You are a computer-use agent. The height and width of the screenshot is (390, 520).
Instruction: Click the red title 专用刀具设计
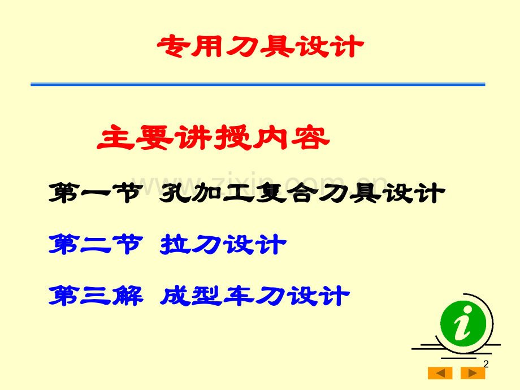point(259,46)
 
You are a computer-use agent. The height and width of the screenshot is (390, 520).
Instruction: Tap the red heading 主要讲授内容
point(213,138)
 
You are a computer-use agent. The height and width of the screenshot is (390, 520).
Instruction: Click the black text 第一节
point(94,194)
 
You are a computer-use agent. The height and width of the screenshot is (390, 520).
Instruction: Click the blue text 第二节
point(94,245)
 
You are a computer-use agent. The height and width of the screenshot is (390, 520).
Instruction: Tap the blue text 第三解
point(95,296)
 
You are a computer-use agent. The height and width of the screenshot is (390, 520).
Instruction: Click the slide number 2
point(486,365)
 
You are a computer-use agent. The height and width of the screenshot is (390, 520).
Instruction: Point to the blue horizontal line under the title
point(258,85)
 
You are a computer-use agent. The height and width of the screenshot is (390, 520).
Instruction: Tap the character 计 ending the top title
point(346,46)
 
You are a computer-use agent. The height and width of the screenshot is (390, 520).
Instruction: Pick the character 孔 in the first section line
point(176,194)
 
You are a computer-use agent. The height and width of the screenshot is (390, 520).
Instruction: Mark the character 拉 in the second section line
point(176,245)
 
